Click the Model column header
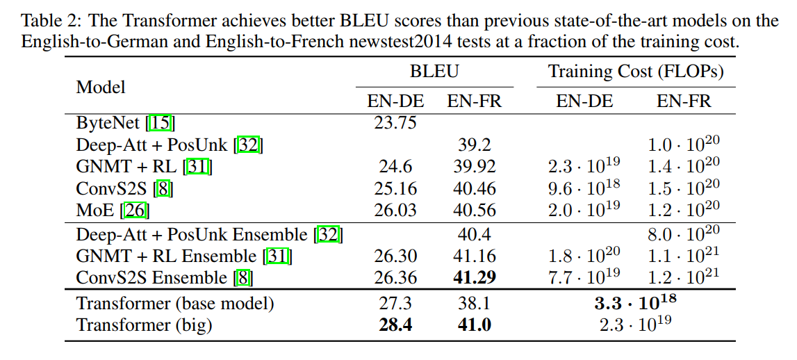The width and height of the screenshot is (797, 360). [x=101, y=87]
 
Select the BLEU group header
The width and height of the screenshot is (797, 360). [x=434, y=71]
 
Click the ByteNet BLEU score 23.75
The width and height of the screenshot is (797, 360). [x=395, y=123]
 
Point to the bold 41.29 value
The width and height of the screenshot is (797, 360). [x=475, y=278]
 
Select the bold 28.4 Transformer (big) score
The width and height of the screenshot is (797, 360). [x=395, y=325]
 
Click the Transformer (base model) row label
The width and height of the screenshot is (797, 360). [x=175, y=304]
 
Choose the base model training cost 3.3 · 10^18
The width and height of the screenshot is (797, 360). [x=635, y=303]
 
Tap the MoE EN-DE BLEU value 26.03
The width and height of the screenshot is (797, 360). [x=395, y=210]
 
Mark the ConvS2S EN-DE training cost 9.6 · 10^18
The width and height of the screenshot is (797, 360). [x=584, y=187]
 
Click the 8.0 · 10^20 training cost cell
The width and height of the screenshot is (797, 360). [x=684, y=234]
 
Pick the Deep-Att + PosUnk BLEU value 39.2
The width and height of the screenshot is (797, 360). [x=475, y=145]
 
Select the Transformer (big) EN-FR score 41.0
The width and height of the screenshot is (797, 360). [x=475, y=325]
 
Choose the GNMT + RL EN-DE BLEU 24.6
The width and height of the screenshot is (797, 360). [x=395, y=167]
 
